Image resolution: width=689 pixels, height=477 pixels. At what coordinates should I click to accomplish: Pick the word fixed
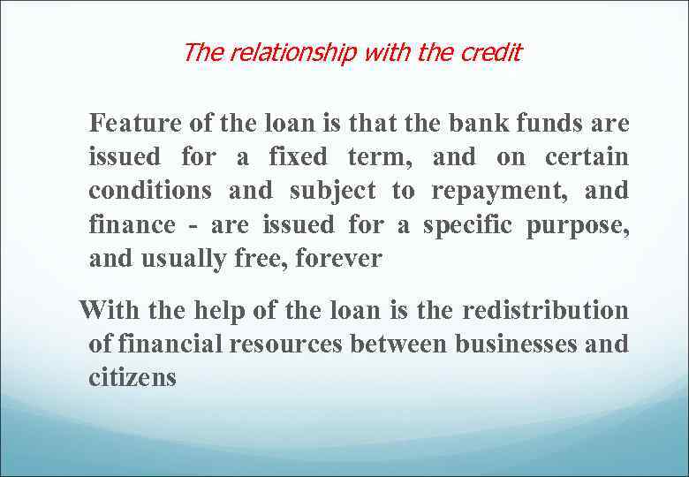298,157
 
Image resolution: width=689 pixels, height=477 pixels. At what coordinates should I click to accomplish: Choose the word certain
587,157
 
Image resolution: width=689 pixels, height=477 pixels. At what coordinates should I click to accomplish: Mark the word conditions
150,191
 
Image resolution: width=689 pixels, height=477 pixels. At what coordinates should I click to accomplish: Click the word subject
332,191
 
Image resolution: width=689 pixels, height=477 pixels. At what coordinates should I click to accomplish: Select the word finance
132,224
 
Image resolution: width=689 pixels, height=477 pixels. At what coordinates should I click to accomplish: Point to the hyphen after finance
193,226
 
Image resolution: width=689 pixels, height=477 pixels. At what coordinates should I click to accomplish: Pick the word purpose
578,224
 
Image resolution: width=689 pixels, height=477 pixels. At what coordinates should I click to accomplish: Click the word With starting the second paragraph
104,310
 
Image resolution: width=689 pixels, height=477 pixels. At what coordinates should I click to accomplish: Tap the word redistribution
546,310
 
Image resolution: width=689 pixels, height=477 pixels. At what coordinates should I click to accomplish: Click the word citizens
132,378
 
